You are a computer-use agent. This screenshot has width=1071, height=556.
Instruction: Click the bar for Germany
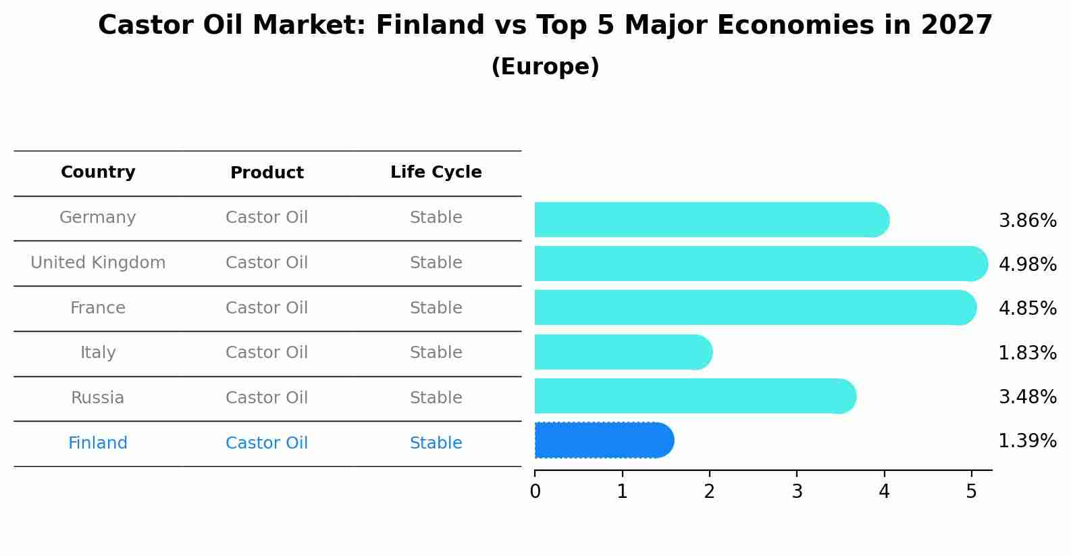click(712, 220)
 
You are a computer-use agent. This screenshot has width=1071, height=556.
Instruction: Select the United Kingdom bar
click(761, 263)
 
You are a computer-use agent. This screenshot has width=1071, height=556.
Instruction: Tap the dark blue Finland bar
click(604, 440)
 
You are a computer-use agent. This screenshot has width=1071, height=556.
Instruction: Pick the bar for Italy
click(623, 352)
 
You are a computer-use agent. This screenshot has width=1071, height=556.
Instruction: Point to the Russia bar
click(696, 396)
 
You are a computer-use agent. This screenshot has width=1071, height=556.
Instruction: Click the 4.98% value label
click(1028, 264)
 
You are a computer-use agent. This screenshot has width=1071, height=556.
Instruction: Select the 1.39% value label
click(1028, 440)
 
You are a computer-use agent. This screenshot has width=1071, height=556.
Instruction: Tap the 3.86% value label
click(1028, 221)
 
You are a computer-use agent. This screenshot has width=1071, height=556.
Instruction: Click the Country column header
click(98, 172)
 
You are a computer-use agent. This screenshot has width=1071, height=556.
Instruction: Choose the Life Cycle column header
click(436, 172)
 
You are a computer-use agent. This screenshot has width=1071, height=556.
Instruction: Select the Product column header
click(267, 172)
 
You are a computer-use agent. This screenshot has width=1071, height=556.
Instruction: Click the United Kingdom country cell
click(98, 262)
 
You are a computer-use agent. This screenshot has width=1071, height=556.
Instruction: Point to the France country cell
click(98, 307)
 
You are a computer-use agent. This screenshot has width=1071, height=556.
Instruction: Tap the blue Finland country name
click(98, 443)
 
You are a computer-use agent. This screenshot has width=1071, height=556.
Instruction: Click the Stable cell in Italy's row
click(436, 352)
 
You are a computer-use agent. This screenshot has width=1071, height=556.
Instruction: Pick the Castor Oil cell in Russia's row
click(267, 397)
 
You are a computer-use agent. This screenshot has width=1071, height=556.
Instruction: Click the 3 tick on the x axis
click(797, 491)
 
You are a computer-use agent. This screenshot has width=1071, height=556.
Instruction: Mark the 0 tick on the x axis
click(535, 491)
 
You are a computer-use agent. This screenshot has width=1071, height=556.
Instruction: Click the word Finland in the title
click(430, 25)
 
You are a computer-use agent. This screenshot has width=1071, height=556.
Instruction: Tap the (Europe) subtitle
click(545, 66)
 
